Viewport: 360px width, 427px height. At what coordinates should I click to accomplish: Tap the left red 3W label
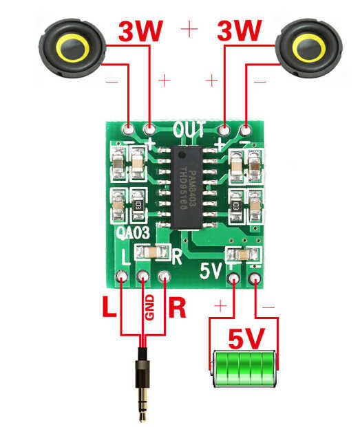pos(142,31)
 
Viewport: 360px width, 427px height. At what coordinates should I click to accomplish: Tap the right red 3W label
pos(240,31)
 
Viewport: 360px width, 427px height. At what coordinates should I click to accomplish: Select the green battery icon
pos(244,362)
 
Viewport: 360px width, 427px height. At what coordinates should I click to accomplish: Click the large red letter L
pos(109,307)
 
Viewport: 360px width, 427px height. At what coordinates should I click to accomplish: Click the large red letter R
pos(177,307)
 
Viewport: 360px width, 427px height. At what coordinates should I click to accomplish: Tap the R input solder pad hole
pos(165,278)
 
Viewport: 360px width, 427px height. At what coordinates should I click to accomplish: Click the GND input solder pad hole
pos(143,278)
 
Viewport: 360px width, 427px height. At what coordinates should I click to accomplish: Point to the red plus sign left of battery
pos(221,305)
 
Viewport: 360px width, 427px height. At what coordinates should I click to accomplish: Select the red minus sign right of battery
pos(268,305)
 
